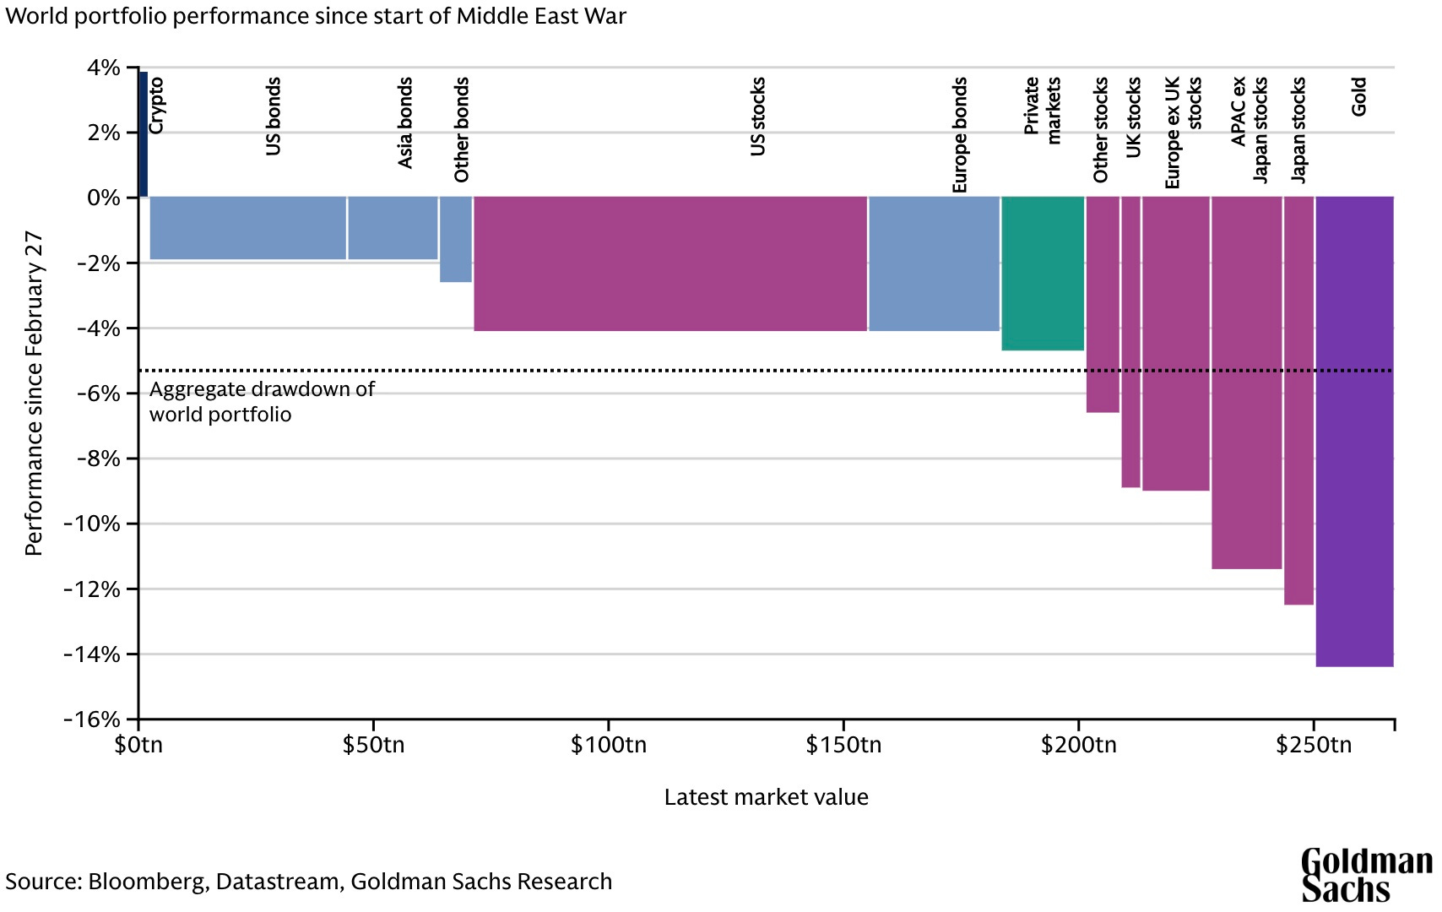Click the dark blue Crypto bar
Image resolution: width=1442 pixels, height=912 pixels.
[144, 134]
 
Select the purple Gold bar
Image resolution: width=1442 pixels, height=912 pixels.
[1354, 432]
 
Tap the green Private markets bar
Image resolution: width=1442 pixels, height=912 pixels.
[1043, 274]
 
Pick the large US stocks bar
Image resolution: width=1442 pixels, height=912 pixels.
[670, 264]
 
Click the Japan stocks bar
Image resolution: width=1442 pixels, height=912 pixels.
[1298, 400]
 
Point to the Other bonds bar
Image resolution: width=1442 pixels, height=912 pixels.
[456, 240]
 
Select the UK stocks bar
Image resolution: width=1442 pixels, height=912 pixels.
[1130, 342]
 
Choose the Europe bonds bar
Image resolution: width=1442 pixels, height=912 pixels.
[934, 264]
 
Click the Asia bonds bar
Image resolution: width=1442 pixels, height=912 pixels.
[393, 228]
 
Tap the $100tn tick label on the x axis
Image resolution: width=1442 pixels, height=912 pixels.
[609, 745]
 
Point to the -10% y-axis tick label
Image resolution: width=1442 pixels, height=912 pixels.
[92, 524]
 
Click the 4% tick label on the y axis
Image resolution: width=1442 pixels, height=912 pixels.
[103, 68]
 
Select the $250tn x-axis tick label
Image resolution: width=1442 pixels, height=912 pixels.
[1314, 745]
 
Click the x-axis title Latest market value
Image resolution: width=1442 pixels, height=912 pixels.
[766, 797]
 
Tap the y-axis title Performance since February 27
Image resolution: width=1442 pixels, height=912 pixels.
[34, 393]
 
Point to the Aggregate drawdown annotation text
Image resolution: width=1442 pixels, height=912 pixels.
[262, 401]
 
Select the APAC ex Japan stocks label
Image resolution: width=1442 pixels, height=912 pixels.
[1249, 129]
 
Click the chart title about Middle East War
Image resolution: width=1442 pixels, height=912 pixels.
[316, 15]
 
